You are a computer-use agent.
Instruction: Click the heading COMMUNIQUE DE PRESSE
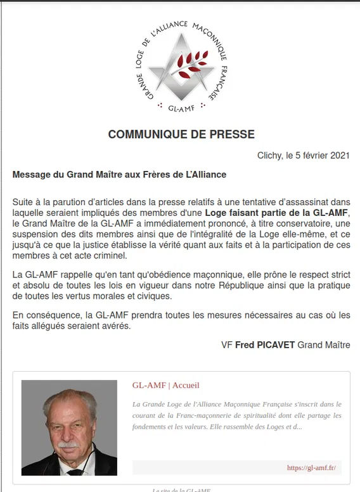[181, 134]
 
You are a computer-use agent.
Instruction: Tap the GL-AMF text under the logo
[181, 108]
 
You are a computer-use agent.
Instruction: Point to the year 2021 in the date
[339, 155]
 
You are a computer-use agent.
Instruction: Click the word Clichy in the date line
[270, 155]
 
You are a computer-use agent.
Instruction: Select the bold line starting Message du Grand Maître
[119, 174]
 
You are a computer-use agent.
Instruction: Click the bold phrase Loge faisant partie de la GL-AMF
[276, 213]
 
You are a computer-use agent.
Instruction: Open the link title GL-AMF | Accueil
[165, 385]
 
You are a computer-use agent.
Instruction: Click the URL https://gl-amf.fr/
[311, 468]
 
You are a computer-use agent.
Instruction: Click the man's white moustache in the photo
[68, 445]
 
